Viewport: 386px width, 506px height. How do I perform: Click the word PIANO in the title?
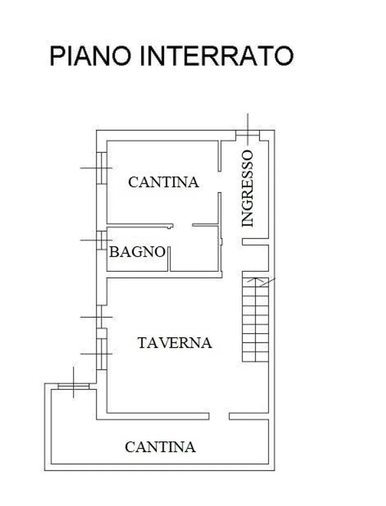[x=90, y=56]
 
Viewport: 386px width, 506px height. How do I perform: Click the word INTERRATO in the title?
[x=216, y=56]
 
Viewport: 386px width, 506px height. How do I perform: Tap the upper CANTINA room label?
[x=163, y=182]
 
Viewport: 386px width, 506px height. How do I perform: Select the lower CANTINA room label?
[x=160, y=447]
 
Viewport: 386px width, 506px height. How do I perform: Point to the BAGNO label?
[x=137, y=252]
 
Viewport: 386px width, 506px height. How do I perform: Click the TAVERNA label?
[x=175, y=343]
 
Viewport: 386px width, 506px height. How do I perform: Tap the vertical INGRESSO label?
[x=248, y=188]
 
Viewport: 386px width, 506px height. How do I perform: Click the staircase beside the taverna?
[x=255, y=320]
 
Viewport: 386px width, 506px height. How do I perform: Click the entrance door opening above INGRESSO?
[x=248, y=135]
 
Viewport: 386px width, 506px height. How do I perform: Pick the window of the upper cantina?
[x=102, y=168]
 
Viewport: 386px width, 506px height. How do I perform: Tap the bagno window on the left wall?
[x=102, y=240]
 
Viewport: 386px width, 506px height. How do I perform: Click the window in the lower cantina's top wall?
[x=74, y=386]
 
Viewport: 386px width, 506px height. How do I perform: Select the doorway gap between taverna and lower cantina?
[x=219, y=416]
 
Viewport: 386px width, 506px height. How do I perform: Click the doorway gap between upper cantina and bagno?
[x=183, y=225]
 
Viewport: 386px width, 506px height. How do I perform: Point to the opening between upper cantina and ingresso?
[x=220, y=182]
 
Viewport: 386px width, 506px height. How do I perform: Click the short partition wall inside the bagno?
[x=169, y=259]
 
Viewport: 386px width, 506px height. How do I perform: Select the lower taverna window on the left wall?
[x=102, y=354]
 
